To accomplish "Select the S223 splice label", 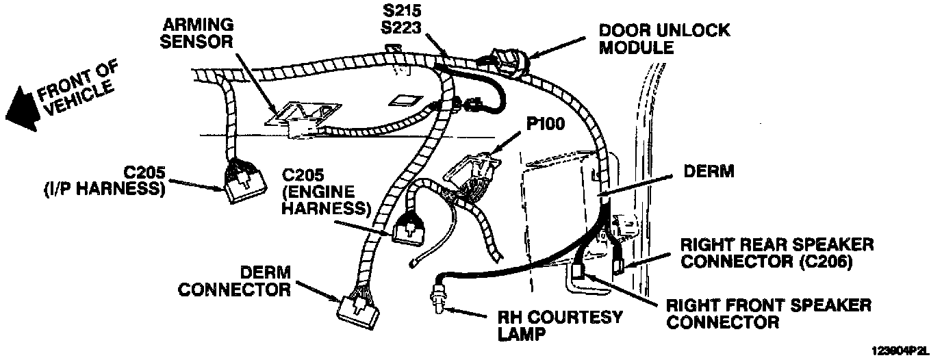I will click(x=403, y=29).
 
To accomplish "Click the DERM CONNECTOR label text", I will click(x=234, y=281).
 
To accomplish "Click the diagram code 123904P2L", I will click(x=901, y=350).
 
